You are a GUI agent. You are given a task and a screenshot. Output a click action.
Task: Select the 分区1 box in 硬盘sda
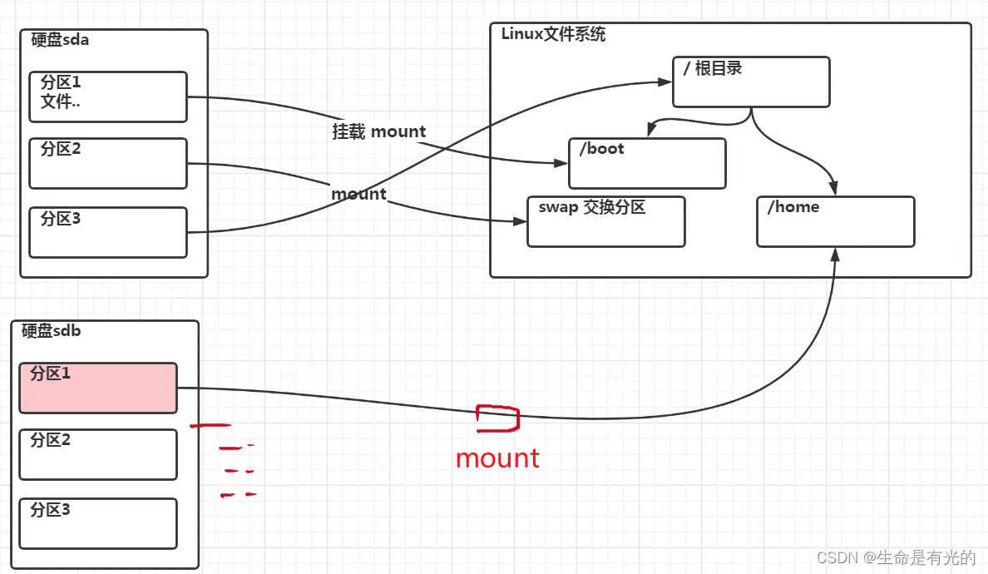click(108, 96)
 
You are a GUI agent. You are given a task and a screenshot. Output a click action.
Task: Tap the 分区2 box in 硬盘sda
click(108, 163)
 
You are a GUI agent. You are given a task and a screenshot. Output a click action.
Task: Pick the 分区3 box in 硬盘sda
click(108, 232)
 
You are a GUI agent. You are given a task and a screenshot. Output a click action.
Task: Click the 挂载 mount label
click(379, 131)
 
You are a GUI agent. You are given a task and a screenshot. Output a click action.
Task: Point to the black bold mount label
click(358, 194)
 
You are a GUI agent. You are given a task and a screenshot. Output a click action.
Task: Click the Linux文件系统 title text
click(553, 35)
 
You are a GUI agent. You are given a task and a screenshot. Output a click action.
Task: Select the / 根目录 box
click(751, 82)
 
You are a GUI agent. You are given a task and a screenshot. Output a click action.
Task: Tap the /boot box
click(647, 163)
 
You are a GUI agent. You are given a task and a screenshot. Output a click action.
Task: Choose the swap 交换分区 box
click(606, 222)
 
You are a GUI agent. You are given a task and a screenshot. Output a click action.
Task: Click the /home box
click(835, 221)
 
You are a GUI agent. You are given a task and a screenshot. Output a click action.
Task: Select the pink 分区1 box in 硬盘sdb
click(98, 388)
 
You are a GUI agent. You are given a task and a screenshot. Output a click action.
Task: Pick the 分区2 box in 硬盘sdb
click(98, 454)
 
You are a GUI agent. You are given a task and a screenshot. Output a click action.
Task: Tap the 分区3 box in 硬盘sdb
click(98, 523)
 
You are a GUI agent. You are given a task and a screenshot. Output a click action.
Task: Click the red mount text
click(497, 458)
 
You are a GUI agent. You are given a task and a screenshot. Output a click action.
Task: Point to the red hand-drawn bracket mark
click(497, 418)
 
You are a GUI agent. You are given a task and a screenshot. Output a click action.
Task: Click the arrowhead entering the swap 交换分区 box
click(521, 222)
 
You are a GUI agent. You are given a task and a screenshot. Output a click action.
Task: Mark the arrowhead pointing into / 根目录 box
click(665, 82)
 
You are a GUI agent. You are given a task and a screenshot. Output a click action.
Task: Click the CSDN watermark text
click(896, 557)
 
